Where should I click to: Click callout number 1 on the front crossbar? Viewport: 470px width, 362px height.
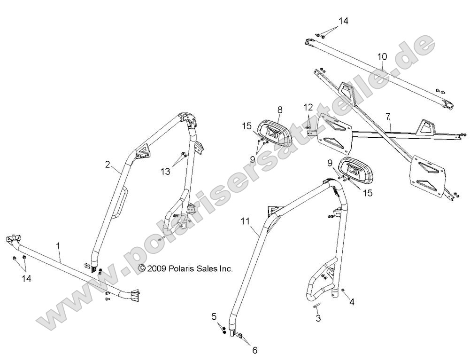tap(58, 245)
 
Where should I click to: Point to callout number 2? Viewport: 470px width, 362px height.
tap(108, 165)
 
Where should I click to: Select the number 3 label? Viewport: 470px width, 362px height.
tap(318, 319)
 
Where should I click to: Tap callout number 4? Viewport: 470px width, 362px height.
tap(351, 302)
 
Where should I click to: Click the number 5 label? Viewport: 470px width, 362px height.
tap(214, 316)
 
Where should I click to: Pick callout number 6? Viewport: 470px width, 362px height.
tap(254, 350)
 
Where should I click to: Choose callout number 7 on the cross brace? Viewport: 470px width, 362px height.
tap(388, 116)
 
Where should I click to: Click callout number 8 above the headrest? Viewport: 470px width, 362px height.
tap(280, 110)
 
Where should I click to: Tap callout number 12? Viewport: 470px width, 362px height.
tap(308, 107)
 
